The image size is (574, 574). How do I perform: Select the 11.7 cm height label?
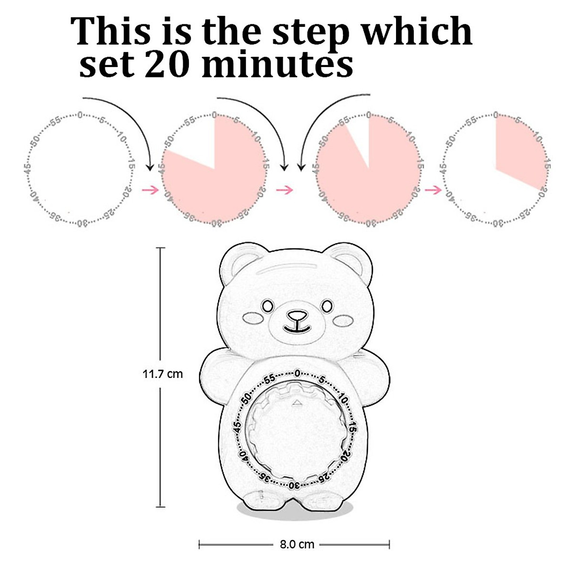(x=163, y=374)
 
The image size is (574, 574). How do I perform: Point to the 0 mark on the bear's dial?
(x=297, y=373)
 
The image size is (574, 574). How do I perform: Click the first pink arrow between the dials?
(x=150, y=190)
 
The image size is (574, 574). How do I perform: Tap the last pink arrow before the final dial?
(x=433, y=190)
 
